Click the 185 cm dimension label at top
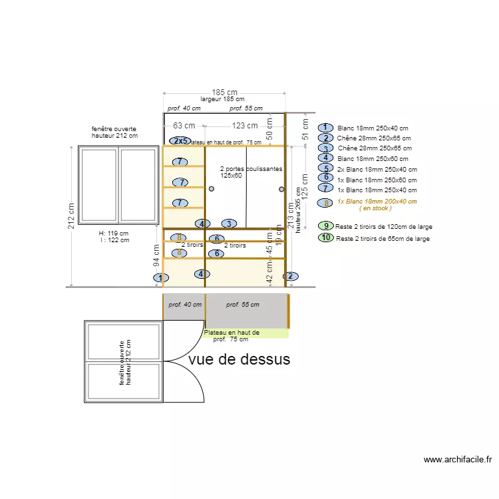pos(225,92)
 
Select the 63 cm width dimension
pos(184,125)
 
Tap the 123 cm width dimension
pos(245,125)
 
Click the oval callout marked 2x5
pos(179,141)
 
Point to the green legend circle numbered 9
pos(325,226)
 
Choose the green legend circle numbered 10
pos(325,238)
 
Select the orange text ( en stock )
pos(375,208)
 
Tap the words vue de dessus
pos(240,359)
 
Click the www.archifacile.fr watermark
pos(457,459)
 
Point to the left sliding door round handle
pos(212,190)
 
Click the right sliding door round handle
pos(281,190)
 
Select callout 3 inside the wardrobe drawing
pos(228,224)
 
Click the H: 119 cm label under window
pos(113,234)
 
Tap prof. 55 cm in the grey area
pos(242,305)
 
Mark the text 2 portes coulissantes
pos(251,170)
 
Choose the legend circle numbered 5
pos(325,168)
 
